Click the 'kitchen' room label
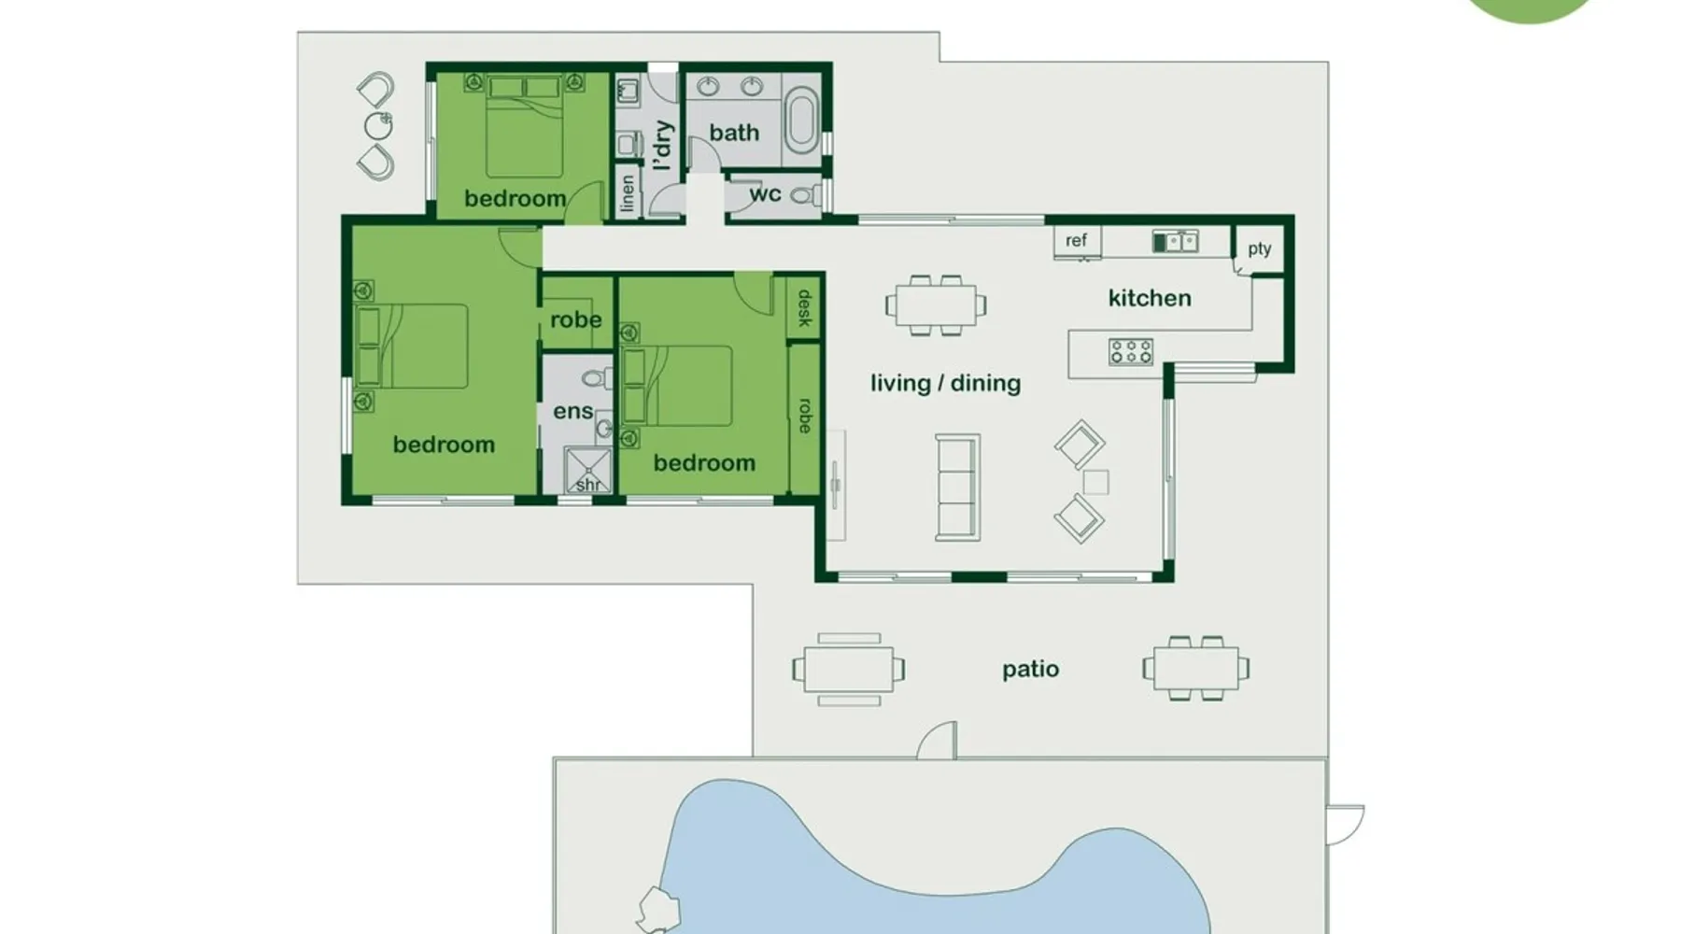[x=1150, y=298]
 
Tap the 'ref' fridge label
[x=1076, y=240]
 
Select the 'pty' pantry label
[x=1259, y=248]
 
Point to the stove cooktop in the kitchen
[x=1131, y=351]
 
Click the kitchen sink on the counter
[x=1175, y=242]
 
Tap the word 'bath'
[x=734, y=133]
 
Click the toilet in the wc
[x=804, y=196]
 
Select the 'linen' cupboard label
[x=627, y=193]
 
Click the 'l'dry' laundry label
[x=662, y=145]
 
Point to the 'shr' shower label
[x=588, y=485]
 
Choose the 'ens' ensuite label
[x=572, y=411]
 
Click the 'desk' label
[x=804, y=308]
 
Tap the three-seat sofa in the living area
[x=958, y=487]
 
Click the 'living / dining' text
[x=945, y=383]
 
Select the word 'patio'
[x=1030, y=669]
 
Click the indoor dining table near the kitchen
[x=936, y=305]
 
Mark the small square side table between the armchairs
[x=1095, y=482]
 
